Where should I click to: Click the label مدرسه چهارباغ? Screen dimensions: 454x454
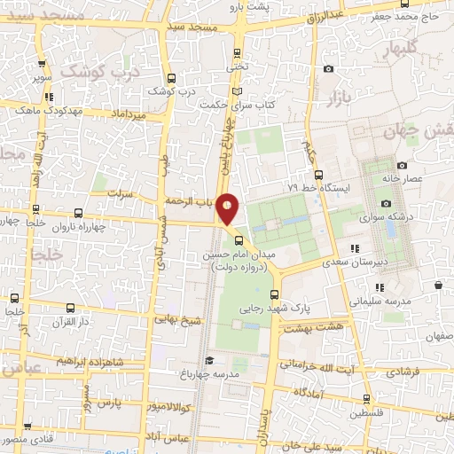[x=213, y=374]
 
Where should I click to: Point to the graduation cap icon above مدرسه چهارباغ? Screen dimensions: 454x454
[x=208, y=360]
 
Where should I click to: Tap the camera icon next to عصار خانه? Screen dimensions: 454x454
[x=402, y=165]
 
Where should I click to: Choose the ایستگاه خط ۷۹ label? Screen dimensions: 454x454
[x=319, y=189]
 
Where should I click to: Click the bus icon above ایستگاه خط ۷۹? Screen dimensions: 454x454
[x=318, y=174]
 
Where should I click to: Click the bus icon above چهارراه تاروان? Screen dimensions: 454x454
[x=79, y=213]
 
